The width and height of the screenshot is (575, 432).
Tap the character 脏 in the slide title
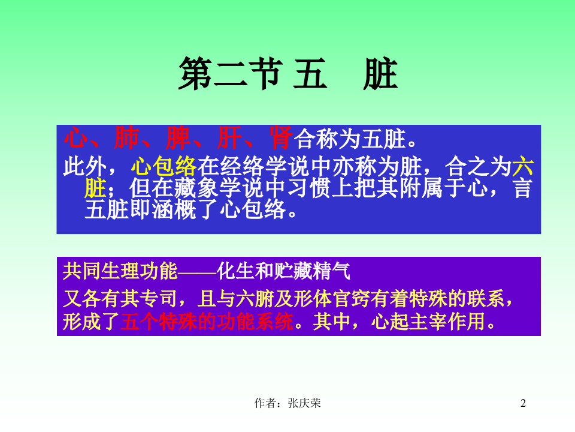click(380, 74)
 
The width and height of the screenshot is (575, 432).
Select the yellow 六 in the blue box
click(522, 165)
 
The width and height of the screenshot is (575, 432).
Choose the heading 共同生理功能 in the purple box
click(120, 271)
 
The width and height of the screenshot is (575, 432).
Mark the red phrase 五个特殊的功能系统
click(207, 322)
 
